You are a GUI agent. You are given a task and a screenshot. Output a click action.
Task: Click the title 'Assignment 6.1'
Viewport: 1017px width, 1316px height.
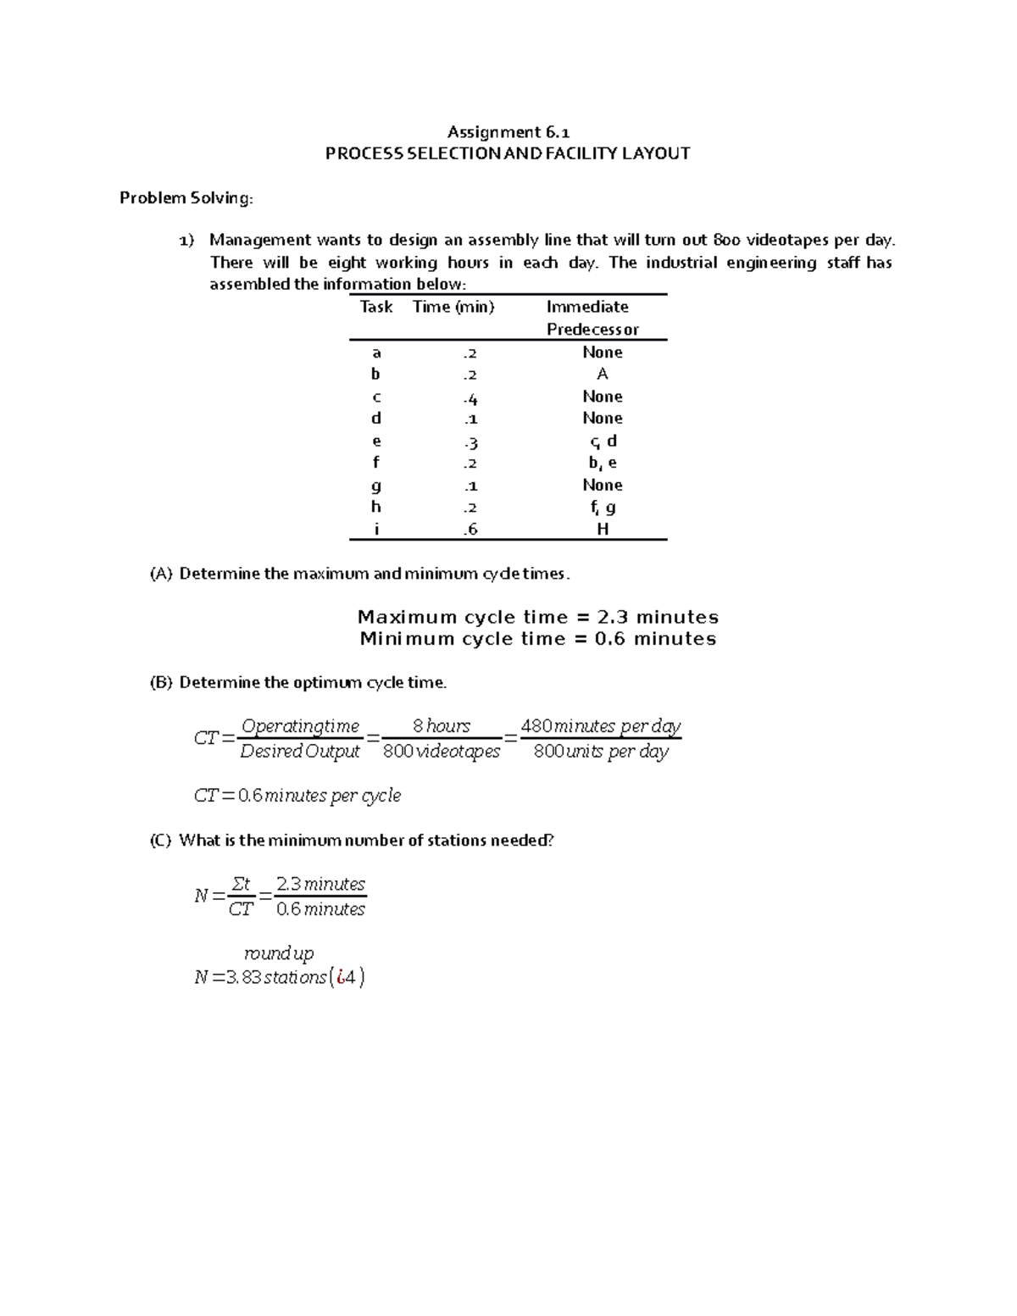[x=508, y=131]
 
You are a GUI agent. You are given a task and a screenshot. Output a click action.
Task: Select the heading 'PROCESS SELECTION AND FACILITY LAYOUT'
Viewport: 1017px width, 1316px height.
[x=508, y=153]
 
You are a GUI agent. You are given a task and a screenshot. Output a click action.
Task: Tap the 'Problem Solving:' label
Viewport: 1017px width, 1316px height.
[x=186, y=197]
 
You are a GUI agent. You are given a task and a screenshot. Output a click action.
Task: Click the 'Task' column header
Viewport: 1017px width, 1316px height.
[x=375, y=307]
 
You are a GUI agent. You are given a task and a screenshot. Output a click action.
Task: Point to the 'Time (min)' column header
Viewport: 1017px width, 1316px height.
[x=453, y=307]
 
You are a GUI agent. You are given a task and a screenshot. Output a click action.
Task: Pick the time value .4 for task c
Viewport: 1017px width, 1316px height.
[x=470, y=397]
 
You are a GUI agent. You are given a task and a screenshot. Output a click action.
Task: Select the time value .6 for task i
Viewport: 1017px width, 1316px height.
[x=470, y=530]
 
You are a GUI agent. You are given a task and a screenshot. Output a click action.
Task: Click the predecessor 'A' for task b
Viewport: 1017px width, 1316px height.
[x=603, y=375]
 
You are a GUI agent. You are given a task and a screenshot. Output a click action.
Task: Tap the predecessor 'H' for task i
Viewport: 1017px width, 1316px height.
[x=603, y=530]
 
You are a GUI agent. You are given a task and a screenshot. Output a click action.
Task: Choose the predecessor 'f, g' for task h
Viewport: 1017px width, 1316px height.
[x=603, y=508]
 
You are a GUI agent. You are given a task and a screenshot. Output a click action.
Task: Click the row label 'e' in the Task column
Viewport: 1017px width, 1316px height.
[x=376, y=441]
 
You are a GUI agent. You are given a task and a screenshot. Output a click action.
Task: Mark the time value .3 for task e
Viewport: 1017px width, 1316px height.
[x=470, y=441]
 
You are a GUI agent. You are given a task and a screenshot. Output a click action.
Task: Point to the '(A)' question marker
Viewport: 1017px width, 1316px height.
[x=160, y=574]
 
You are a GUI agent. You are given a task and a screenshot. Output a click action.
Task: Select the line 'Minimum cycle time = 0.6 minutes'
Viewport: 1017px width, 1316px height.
[x=537, y=639]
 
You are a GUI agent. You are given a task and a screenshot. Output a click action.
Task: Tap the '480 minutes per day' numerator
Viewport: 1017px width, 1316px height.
[x=600, y=726]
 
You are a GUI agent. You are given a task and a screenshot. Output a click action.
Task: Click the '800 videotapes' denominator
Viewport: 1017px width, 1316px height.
[x=442, y=752]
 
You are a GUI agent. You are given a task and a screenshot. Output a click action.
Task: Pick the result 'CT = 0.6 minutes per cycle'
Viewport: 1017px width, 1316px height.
[x=297, y=796]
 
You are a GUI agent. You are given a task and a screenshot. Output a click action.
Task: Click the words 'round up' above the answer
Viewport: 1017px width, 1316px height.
[x=279, y=953]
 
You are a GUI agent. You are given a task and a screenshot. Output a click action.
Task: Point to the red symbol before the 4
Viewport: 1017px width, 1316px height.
[x=340, y=977]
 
